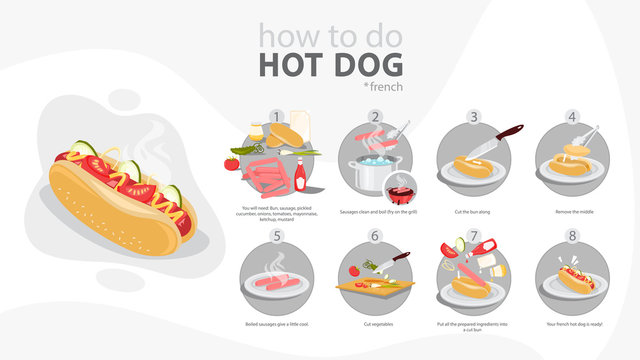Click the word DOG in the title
(371, 65)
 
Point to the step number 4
(573, 116)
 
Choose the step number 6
(377, 237)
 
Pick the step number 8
(573, 237)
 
